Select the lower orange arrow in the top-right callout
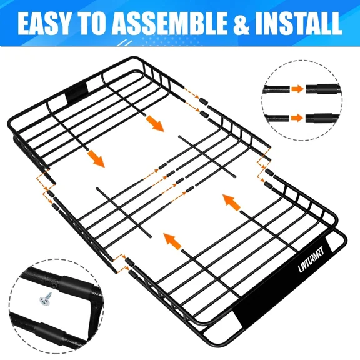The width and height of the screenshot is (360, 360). tap(297, 116)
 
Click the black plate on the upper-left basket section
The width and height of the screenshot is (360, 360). tap(77, 94)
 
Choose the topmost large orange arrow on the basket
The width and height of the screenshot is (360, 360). tap(155, 123)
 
